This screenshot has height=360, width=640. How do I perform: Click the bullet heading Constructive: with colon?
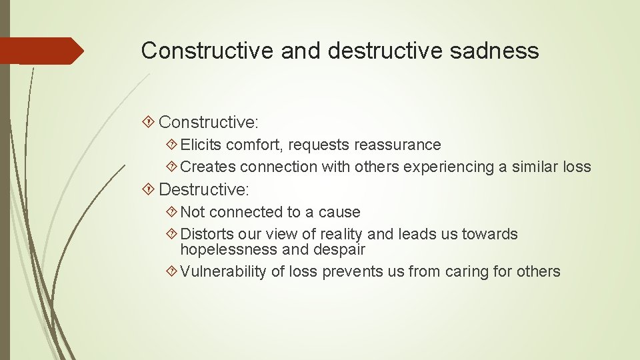click(x=209, y=122)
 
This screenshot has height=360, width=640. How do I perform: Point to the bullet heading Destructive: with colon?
click(x=203, y=189)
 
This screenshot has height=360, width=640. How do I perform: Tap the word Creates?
click(x=208, y=167)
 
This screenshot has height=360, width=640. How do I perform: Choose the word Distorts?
click(x=207, y=234)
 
